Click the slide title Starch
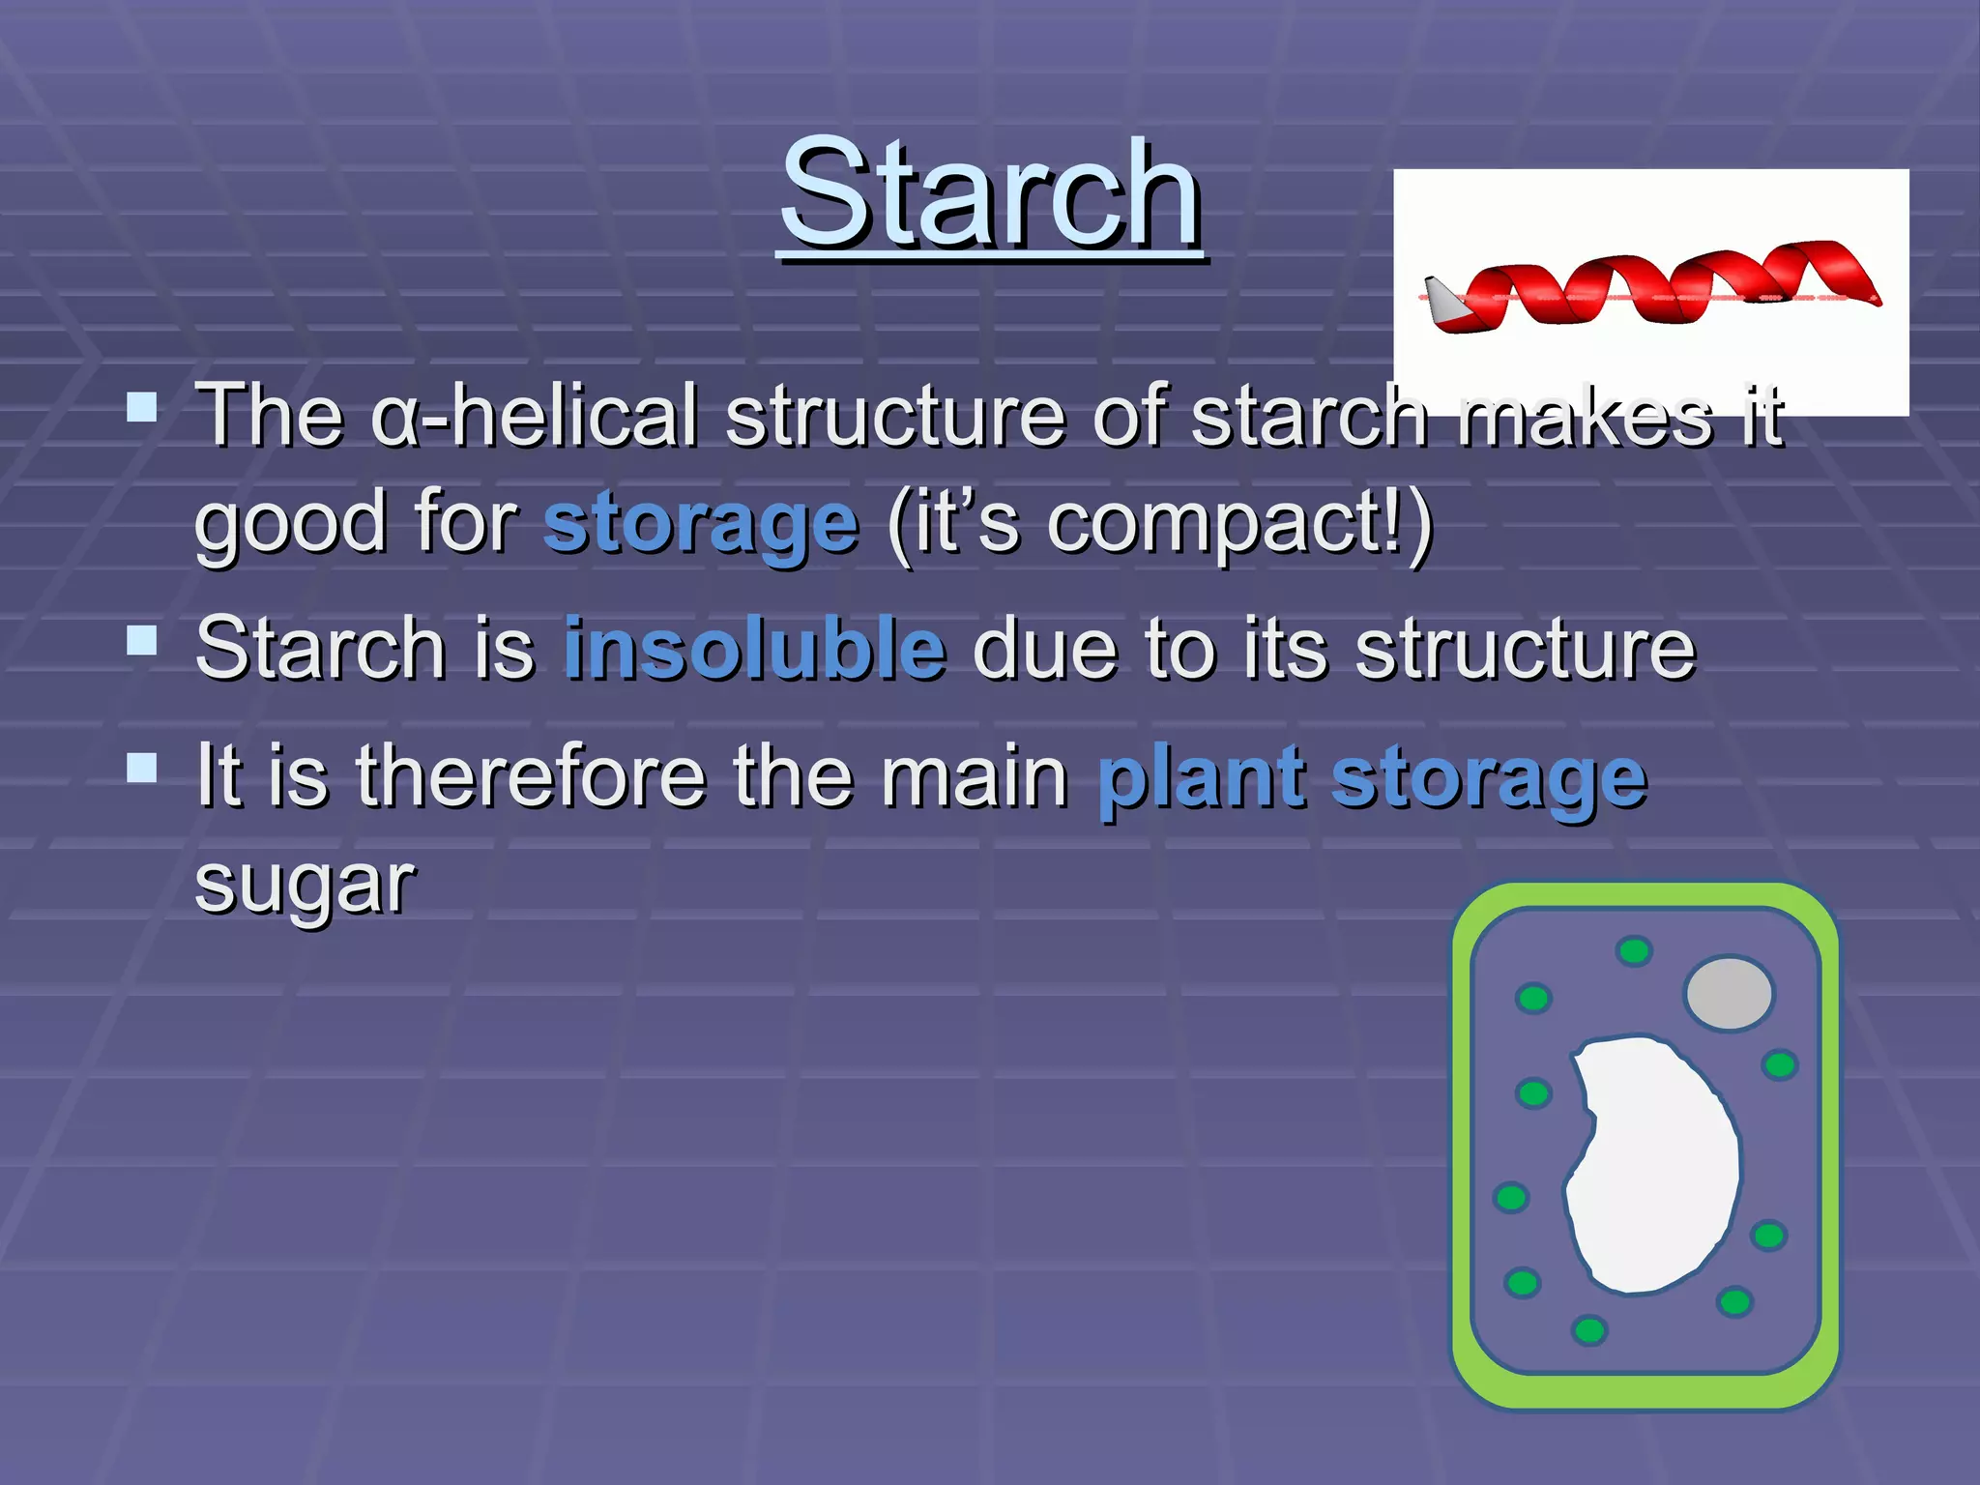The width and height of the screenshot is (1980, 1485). [x=991, y=193]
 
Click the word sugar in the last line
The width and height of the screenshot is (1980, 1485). [x=305, y=885]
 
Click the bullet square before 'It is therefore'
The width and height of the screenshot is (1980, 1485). [x=142, y=768]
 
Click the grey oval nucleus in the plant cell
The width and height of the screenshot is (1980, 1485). [x=1729, y=993]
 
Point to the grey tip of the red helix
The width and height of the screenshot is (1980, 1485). [x=1443, y=301]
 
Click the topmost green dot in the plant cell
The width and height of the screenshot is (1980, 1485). [x=1634, y=951]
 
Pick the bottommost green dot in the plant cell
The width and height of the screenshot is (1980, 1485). [x=1589, y=1330]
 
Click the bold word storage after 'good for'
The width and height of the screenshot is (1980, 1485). [x=701, y=525]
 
